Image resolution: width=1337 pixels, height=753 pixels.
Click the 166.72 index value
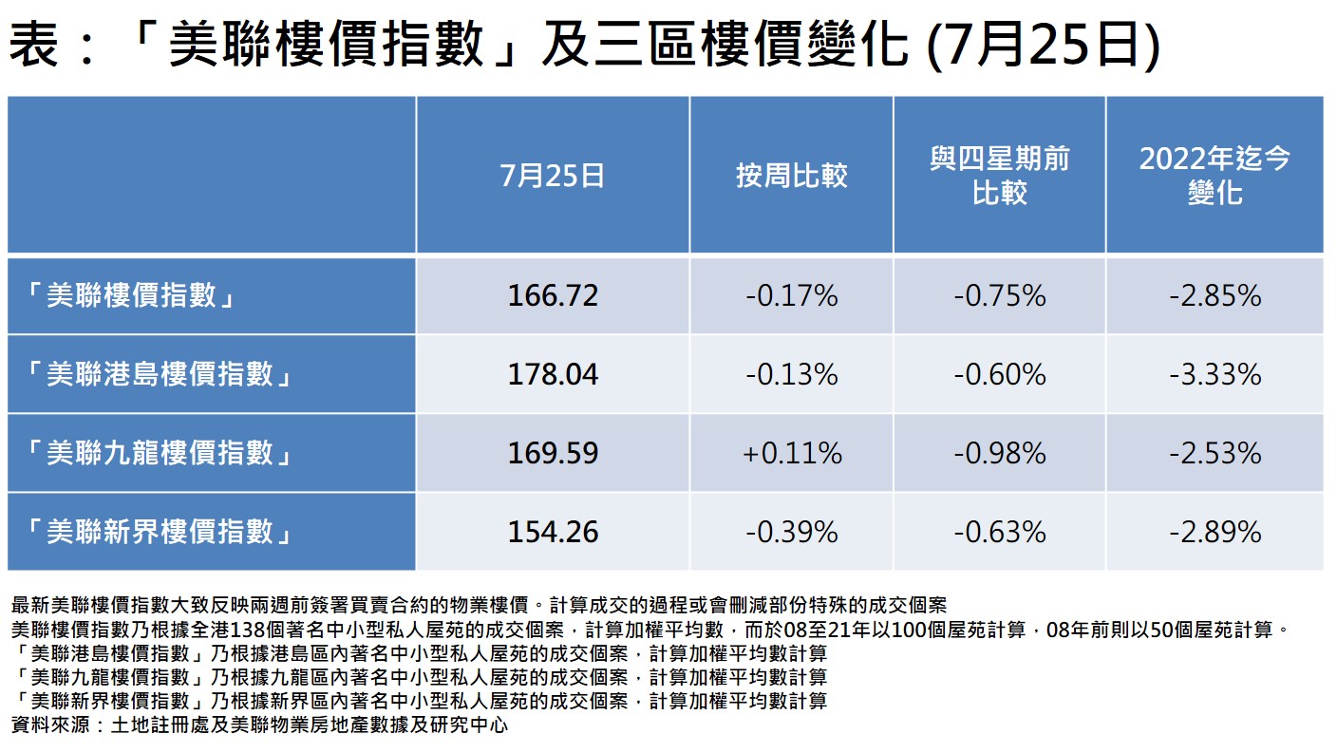pyautogui.click(x=553, y=296)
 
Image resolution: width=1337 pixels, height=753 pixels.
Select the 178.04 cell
pyautogui.click(x=553, y=374)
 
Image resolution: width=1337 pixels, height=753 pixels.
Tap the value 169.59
pyautogui.click(x=553, y=453)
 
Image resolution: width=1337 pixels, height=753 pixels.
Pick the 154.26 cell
pyautogui.click(x=553, y=532)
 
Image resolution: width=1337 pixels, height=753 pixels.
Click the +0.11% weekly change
pyautogui.click(x=791, y=453)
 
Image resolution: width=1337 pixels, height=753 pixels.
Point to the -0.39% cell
pyautogui.click(x=791, y=532)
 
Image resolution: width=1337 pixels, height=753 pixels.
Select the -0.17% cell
pyautogui.click(x=791, y=296)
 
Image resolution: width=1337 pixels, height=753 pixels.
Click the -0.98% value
pyautogui.click(x=999, y=453)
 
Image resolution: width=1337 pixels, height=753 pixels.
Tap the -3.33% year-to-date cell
pyautogui.click(x=1215, y=374)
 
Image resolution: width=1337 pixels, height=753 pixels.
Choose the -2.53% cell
pyautogui.click(x=1215, y=453)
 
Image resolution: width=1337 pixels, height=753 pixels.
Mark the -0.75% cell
pyautogui.click(x=999, y=296)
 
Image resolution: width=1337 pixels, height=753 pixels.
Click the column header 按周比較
pyautogui.click(x=791, y=176)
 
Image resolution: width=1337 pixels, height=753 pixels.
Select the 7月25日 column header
pyautogui.click(x=553, y=176)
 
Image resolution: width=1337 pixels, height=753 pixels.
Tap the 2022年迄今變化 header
pyautogui.click(x=1215, y=176)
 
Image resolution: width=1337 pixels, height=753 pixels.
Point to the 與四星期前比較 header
pyautogui.click(x=999, y=176)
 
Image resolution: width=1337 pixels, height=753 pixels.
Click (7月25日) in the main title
pyautogui.click(x=1041, y=45)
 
